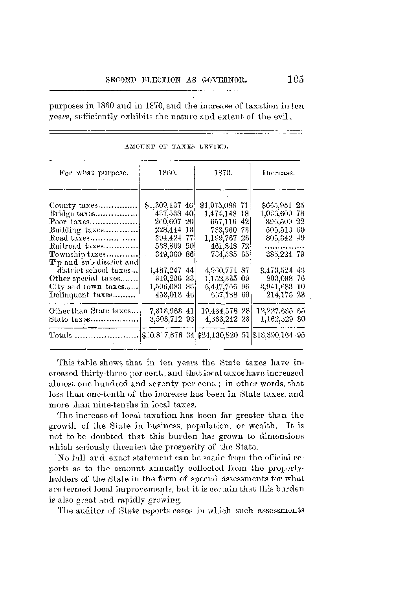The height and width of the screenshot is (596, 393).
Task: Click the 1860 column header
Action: pos(167,172)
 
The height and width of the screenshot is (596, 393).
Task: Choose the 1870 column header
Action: pos(223,172)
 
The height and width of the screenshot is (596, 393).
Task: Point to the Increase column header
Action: pos(278,172)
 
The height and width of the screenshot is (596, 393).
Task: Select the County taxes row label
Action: pos(73,205)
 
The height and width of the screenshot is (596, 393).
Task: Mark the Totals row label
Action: pos(61,336)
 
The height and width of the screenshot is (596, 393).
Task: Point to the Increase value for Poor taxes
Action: pos(283,222)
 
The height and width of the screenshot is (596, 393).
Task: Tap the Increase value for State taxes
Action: pos(283,319)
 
